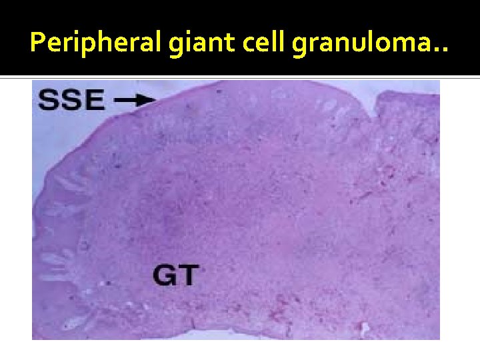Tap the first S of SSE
pos(48,100)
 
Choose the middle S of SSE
pos(71,100)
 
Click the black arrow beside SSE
pos(136,100)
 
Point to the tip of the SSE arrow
pos(155,100)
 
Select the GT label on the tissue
pos(176,274)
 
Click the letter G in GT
pos(165,274)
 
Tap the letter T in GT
pos(189,274)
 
